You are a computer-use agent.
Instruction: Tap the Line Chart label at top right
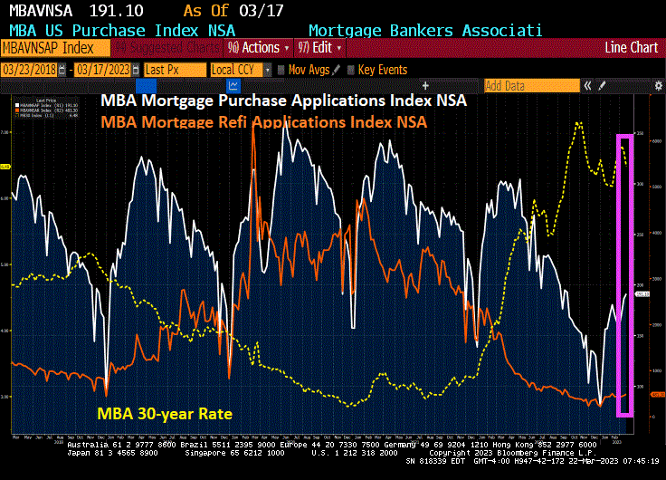tap(632, 47)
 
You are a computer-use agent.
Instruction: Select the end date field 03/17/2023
tap(103, 70)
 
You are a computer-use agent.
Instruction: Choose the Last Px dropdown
tap(173, 70)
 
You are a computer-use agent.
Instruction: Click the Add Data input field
tap(529, 86)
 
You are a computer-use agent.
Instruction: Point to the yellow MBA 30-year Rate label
tap(165, 414)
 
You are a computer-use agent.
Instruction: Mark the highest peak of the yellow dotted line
tap(578, 123)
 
